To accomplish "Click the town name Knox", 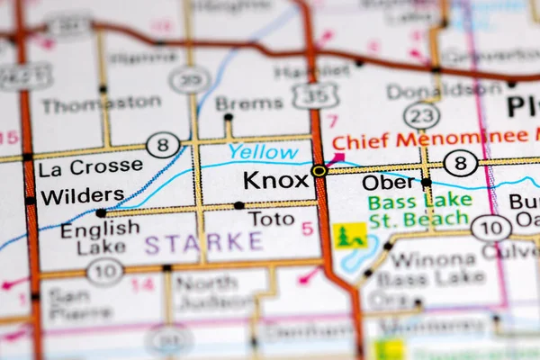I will pos(275,180).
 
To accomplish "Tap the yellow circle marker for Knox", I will pos(319,170).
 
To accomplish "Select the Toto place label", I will pos(271,219).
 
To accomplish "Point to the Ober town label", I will pos(389,182).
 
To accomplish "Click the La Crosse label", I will pos(90,166).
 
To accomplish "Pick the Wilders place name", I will pos(83,194).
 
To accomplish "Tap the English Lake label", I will pos(100,238).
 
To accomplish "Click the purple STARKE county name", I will pos(203,242).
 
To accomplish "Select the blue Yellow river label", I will pos(263,152).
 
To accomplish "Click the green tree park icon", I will pos(349,236).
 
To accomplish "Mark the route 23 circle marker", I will pos(421,115).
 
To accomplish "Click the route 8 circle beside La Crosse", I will pos(163,145).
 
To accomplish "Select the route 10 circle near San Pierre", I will pos(104,271).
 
